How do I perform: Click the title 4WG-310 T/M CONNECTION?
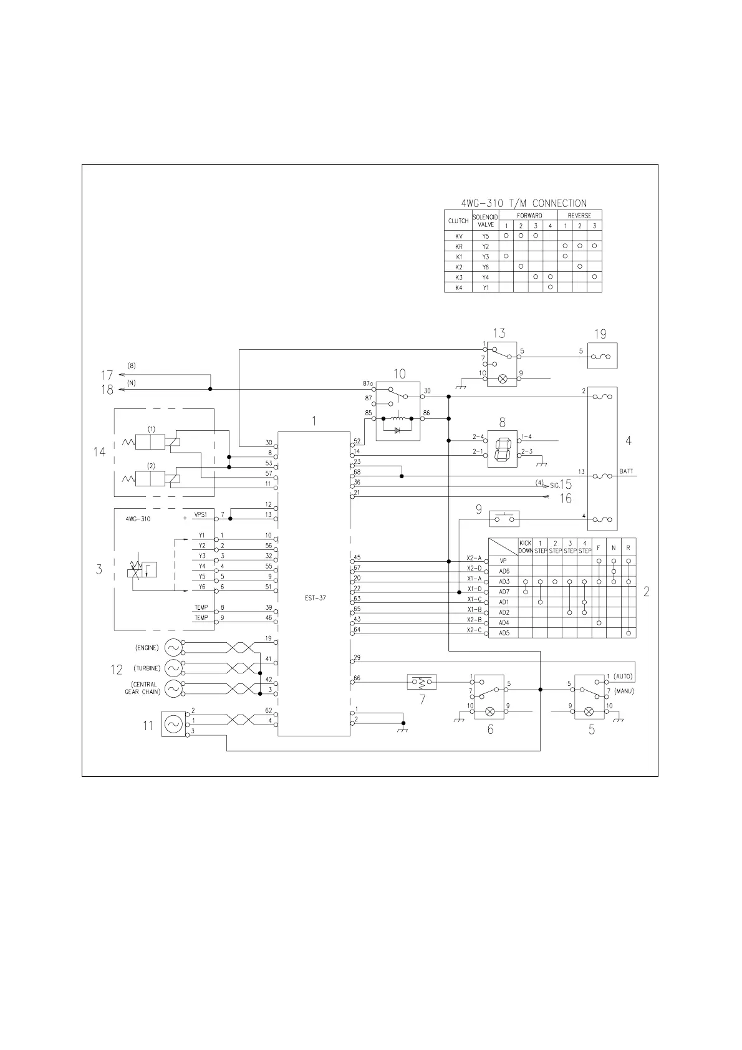point(523,203)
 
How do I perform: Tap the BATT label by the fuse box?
point(627,471)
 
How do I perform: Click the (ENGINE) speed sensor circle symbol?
point(173,647)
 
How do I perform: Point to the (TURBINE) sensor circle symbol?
point(173,668)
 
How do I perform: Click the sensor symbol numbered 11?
point(173,724)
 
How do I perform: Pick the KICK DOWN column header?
point(526,547)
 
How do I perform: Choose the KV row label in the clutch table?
point(458,236)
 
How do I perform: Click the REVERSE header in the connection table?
point(579,215)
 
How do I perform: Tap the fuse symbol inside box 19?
point(603,357)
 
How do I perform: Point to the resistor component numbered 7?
point(422,682)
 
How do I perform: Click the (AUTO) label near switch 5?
point(623,677)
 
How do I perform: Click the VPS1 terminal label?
point(200,514)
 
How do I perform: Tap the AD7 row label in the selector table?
point(504,592)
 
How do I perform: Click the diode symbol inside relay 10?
point(397,430)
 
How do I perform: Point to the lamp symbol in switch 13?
point(502,378)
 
